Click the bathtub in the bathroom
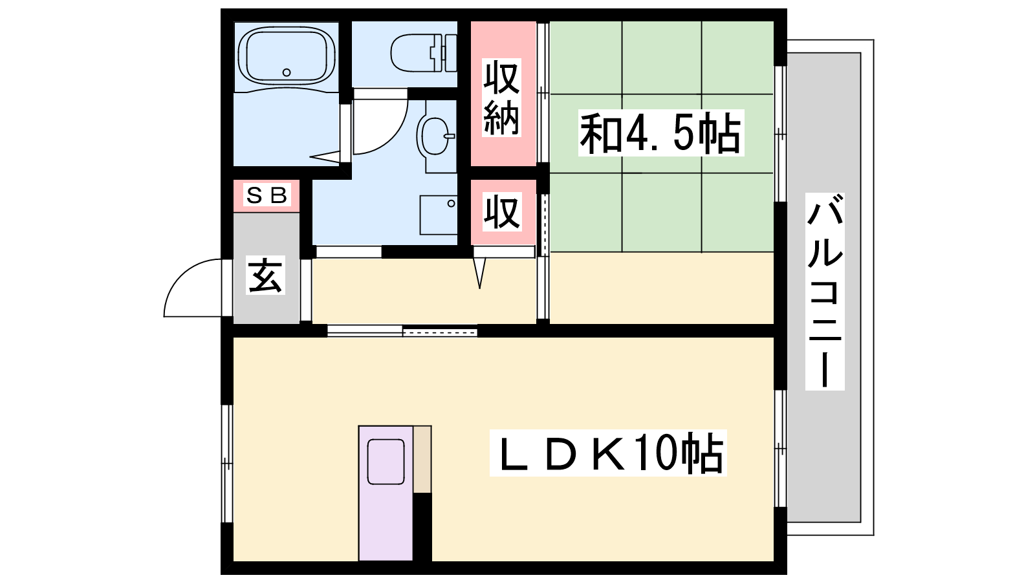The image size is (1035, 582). coord(287,56)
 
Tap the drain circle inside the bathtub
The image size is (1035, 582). coord(287,72)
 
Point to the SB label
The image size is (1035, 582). coord(267,195)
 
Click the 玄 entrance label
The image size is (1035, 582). coord(265,275)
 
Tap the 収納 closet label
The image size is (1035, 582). coord(502,98)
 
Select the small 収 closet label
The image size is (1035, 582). coord(502,212)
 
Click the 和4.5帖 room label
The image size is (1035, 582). coord(660,133)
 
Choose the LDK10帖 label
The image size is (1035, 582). coord(608,453)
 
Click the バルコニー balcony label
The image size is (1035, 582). coord(825,292)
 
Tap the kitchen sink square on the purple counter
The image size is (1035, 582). coord(386,462)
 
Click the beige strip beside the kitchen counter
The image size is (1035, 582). coord(422,459)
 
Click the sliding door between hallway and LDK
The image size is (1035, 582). coord(402,331)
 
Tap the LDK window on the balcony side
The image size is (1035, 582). coord(780,449)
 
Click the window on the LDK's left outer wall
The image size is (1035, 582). coord(227,463)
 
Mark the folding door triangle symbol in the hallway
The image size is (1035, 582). coord(479,272)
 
